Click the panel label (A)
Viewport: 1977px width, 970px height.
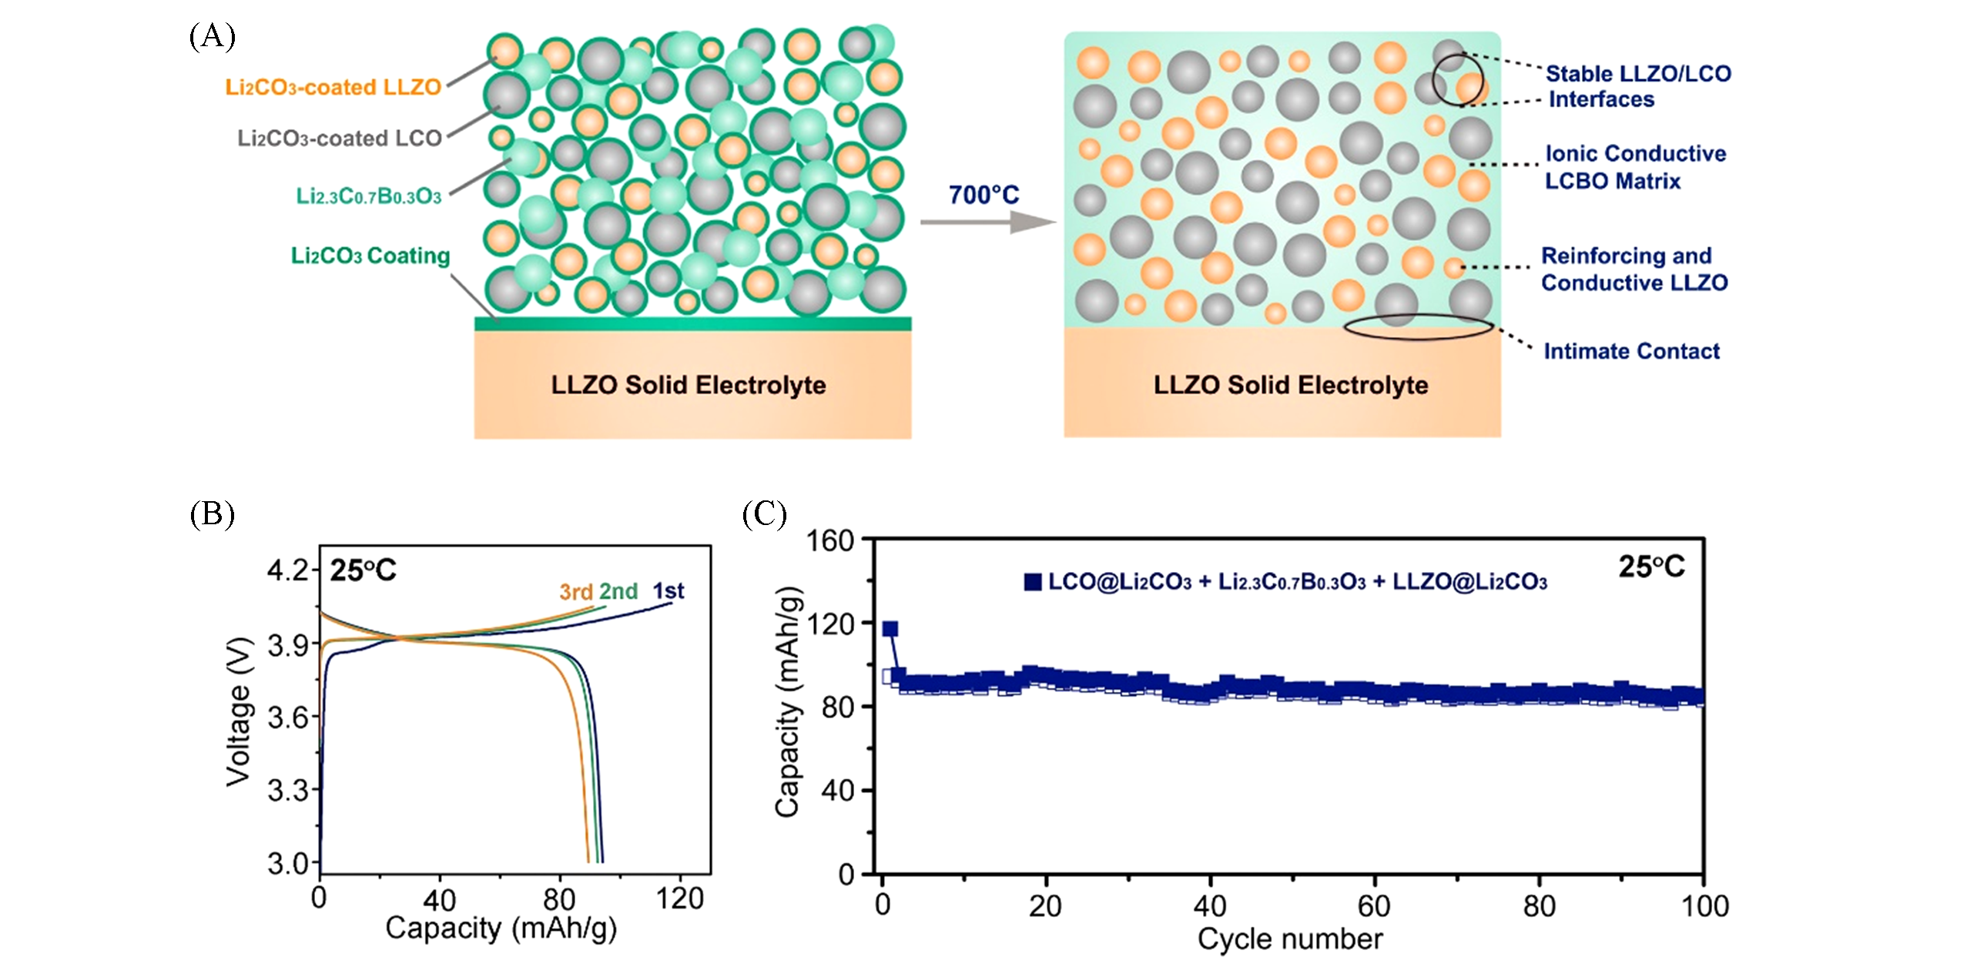(x=212, y=36)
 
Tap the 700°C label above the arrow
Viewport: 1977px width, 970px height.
(x=983, y=196)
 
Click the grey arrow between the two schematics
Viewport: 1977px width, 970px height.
(x=987, y=222)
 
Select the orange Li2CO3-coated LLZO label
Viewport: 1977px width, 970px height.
(x=333, y=88)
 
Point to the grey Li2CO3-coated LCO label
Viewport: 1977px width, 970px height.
(x=339, y=139)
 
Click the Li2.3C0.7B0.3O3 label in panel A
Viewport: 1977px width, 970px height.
(x=369, y=196)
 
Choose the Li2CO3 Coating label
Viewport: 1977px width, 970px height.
(x=370, y=256)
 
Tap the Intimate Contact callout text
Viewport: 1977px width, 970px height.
(x=1631, y=352)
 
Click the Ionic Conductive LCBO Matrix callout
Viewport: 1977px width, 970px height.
(x=1634, y=167)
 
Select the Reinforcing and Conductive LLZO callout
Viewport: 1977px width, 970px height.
(x=1634, y=269)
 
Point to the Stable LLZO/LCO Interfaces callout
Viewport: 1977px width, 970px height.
(x=1637, y=86)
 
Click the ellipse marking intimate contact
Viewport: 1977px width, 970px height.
(x=1418, y=326)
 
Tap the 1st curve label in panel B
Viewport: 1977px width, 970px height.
(x=668, y=591)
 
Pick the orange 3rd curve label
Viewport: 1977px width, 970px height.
(x=575, y=592)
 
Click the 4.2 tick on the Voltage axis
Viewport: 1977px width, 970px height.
(x=287, y=570)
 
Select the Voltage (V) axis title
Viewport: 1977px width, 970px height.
(x=239, y=712)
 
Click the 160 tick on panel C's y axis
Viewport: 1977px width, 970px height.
(x=829, y=541)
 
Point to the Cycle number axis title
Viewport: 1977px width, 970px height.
(x=1290, y=939)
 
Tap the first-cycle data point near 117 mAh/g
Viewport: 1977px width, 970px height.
(x=890, y=629)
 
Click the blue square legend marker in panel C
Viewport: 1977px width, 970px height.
(x=1032, y=582)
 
